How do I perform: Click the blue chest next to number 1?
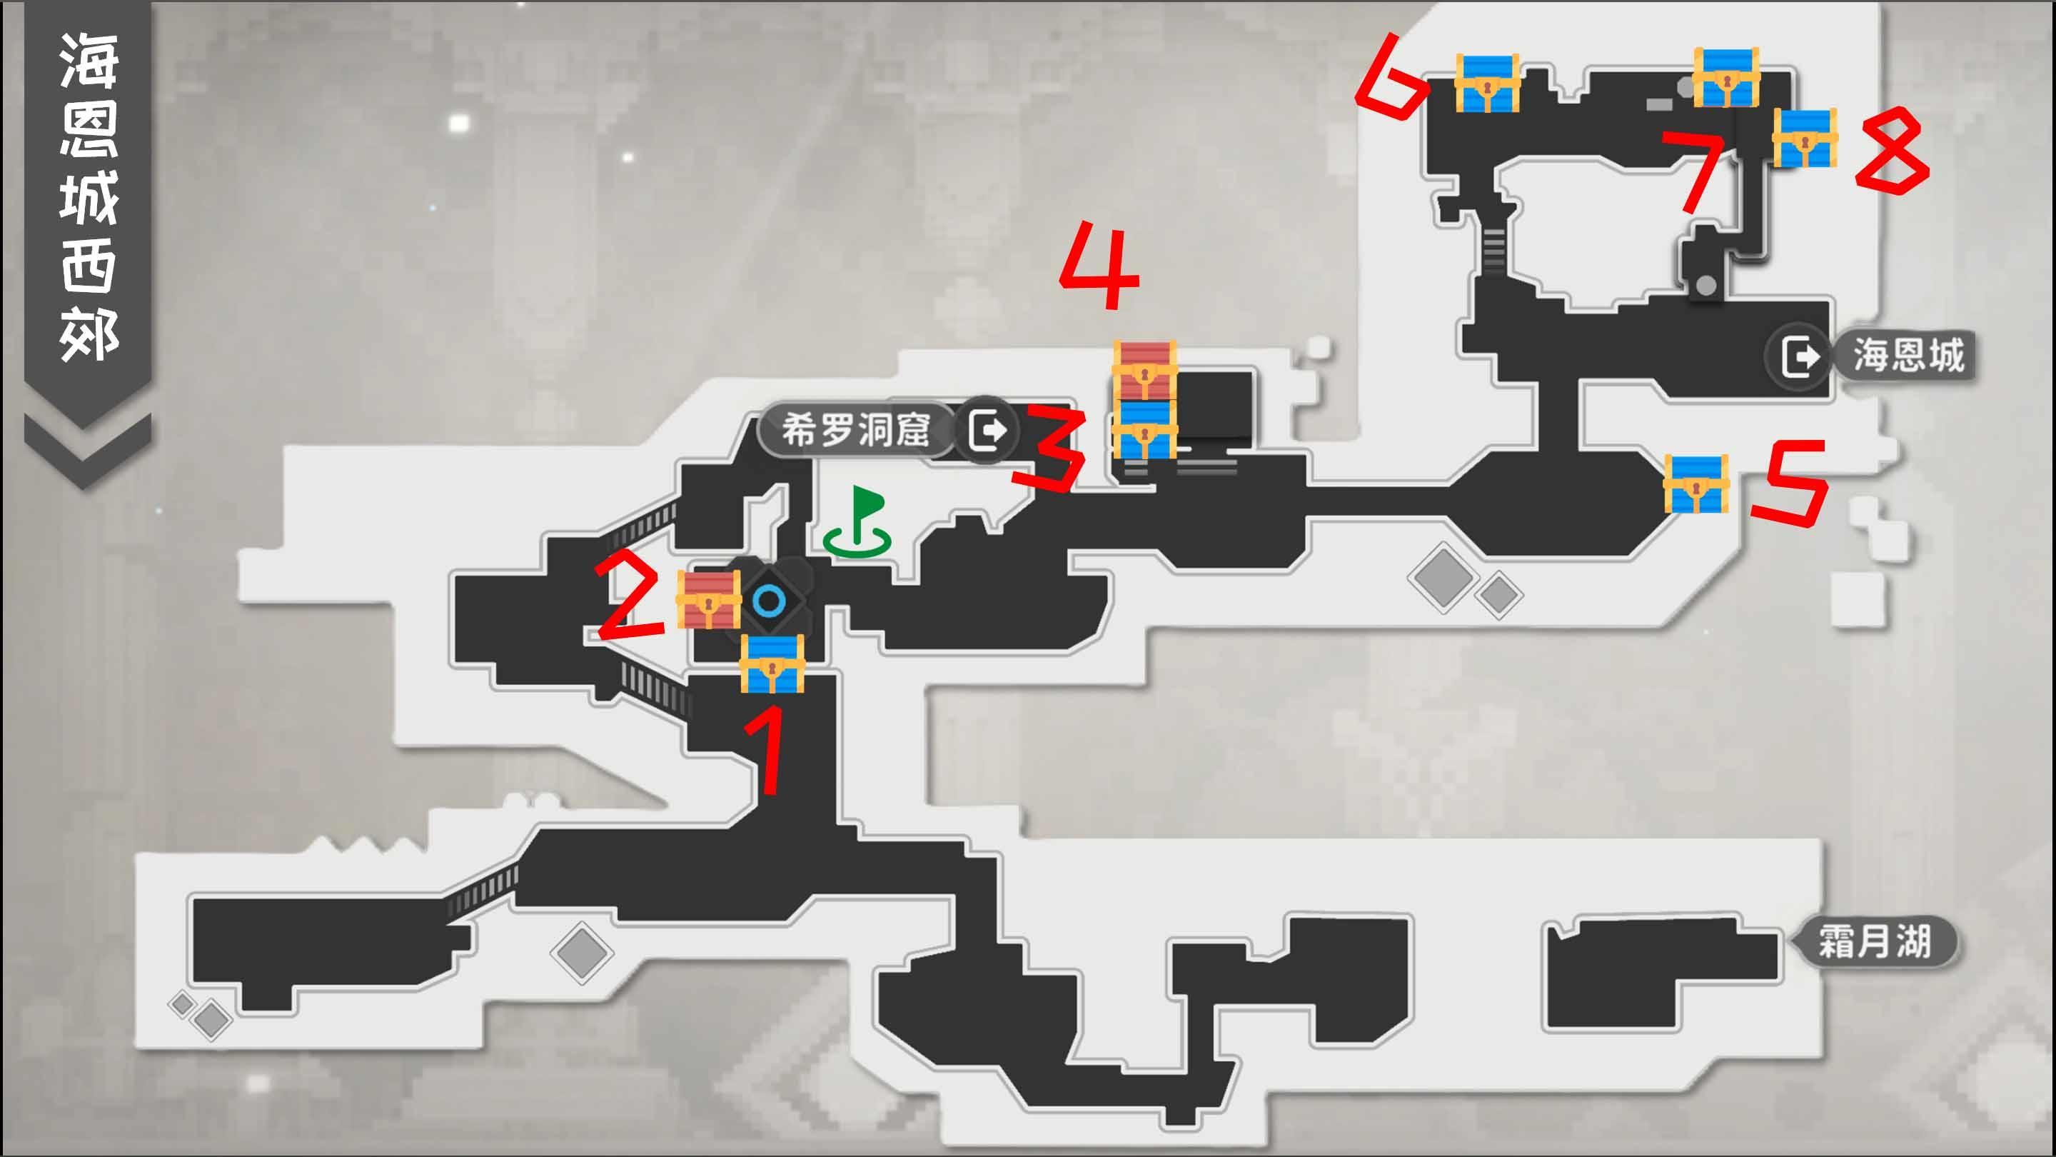(772, 664)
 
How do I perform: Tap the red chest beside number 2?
(708, 599)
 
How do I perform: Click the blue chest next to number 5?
(1696, 484)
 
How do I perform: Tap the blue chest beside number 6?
(1486, 83)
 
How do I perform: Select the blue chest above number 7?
(1726, 77)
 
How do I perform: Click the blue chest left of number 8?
(1805, 138)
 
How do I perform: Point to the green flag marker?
(859, 521)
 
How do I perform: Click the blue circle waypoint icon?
(770, 601)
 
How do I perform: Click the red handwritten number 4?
(1101, 266)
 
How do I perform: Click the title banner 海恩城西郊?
(88, 196)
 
